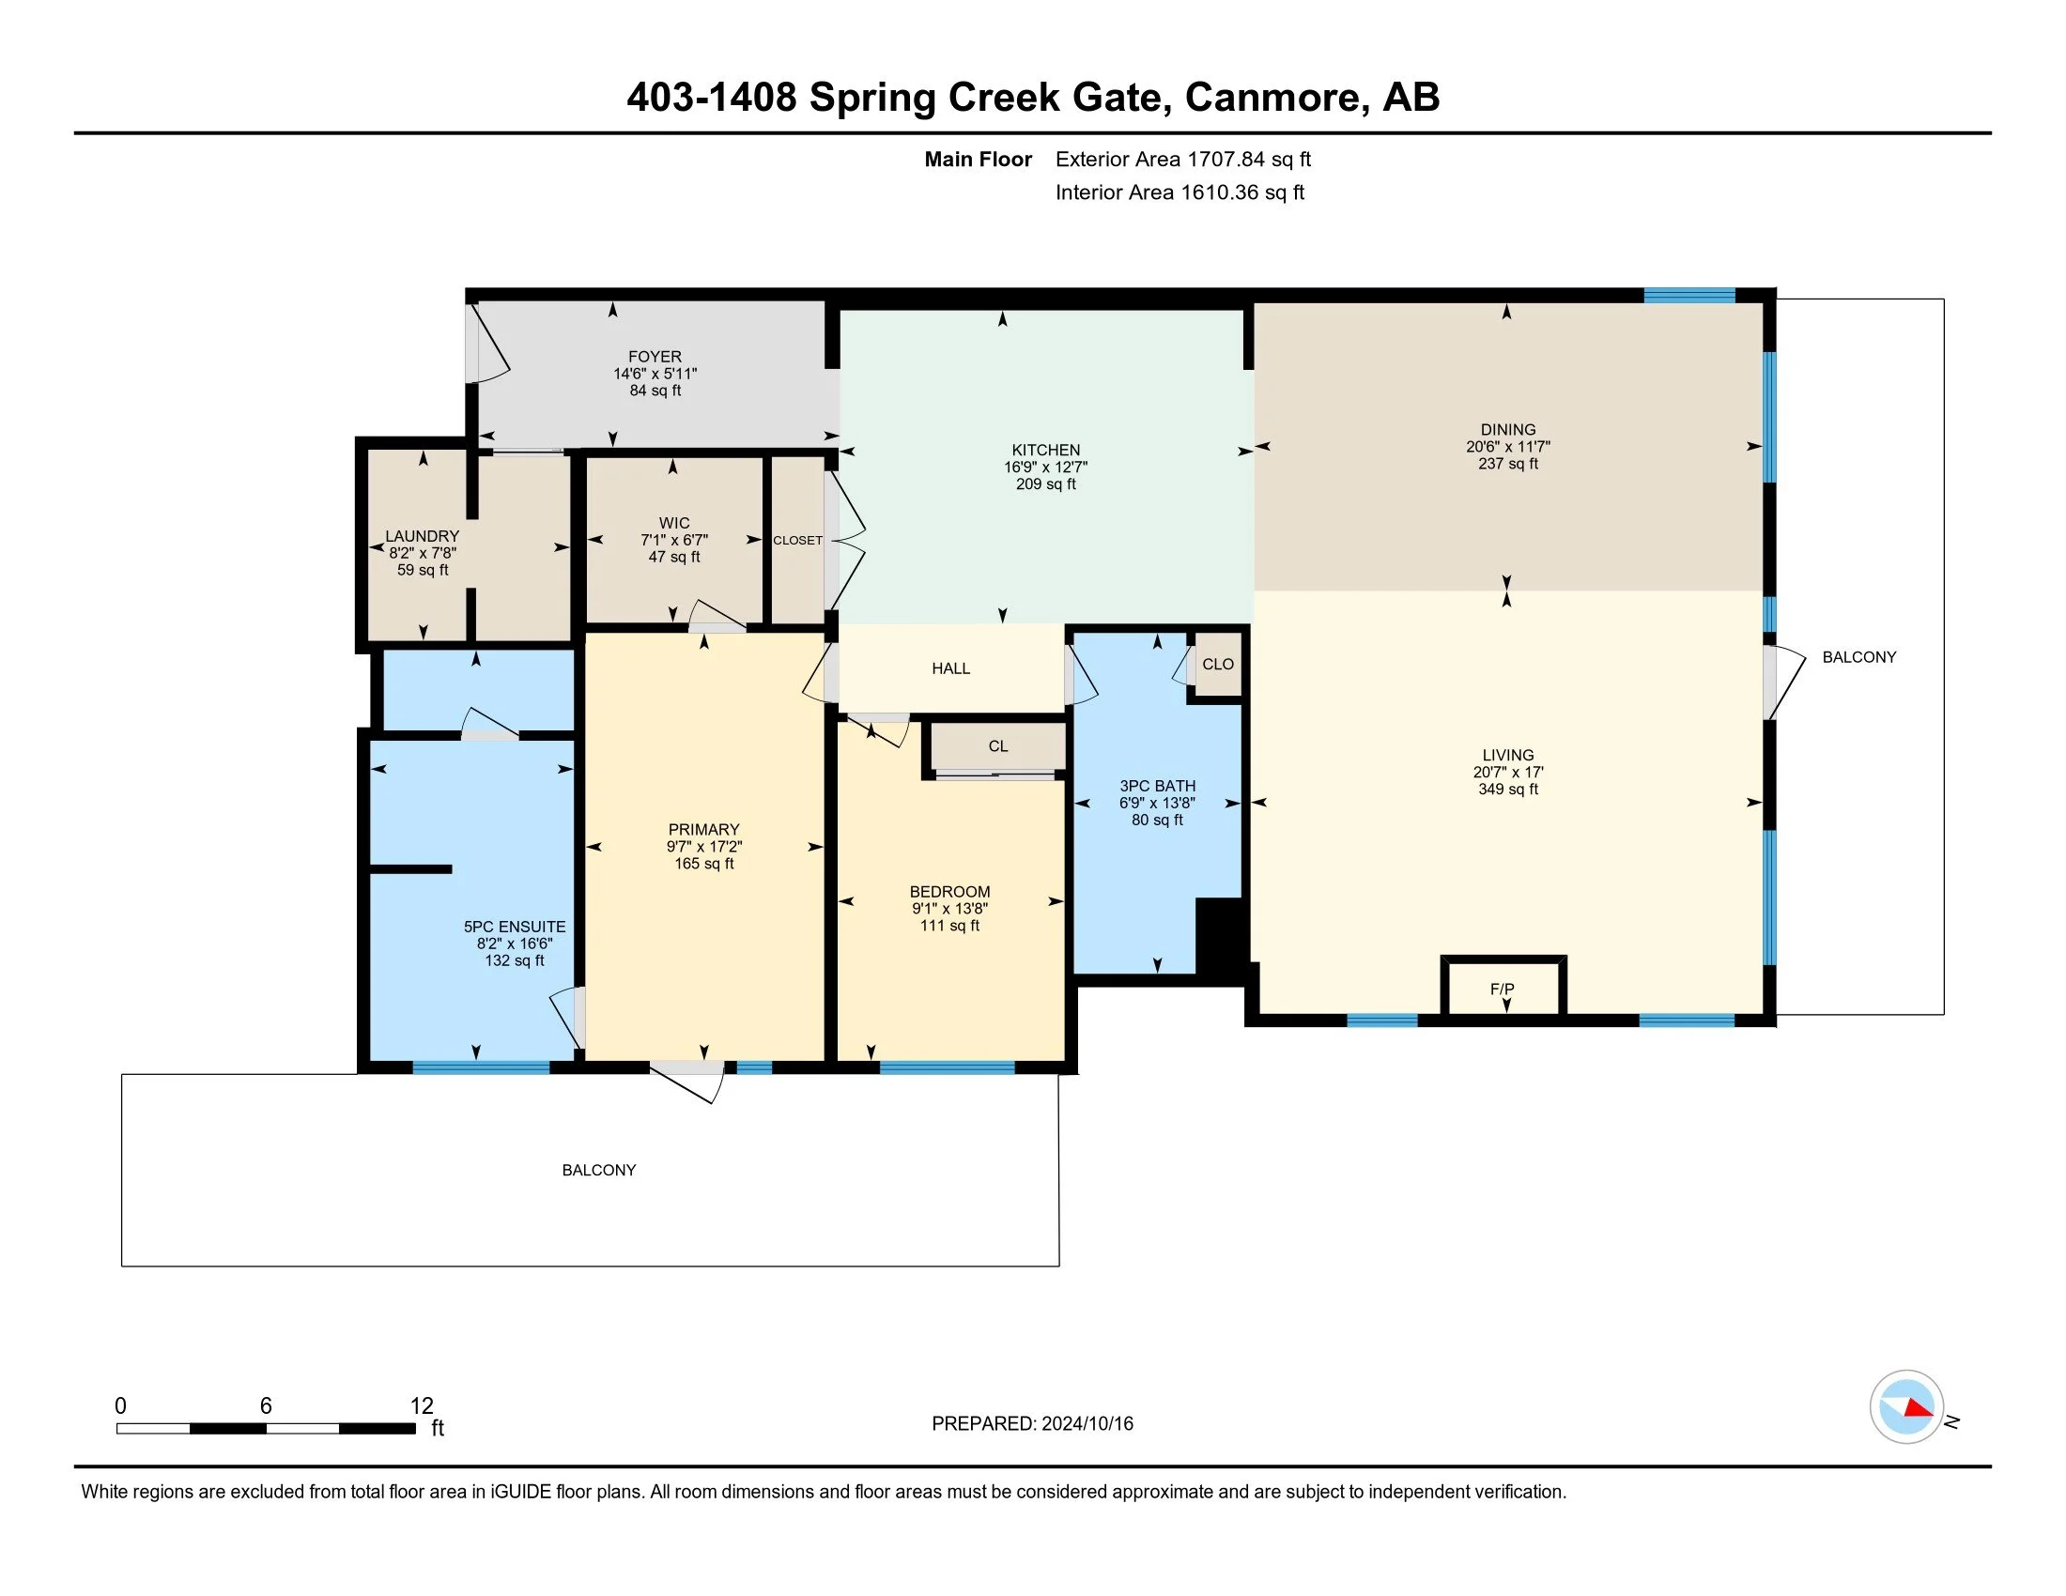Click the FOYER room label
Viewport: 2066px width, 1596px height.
[654, 357]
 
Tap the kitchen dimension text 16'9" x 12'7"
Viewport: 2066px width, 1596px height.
[1045, 468]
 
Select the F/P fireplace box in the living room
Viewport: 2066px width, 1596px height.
[1503, 988]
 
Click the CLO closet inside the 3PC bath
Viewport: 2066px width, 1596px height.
[1217, 665]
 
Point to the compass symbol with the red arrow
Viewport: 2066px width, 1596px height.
[1906, 1407]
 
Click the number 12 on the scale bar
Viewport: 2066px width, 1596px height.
[421, 1406]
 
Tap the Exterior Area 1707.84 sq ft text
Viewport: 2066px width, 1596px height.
[1182, 160]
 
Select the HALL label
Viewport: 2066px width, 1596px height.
[950, 668]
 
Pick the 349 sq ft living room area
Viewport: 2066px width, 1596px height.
[1508, 790]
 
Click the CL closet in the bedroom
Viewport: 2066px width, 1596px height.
[998, 746]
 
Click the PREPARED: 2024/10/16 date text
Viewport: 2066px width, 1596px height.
[1032, 1424]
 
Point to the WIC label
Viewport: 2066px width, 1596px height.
[673, 523]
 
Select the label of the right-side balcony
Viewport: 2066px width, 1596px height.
[1858, 657]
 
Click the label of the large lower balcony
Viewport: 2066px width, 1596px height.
[599, 1171]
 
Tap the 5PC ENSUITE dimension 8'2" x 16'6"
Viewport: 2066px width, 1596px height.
[515, 944]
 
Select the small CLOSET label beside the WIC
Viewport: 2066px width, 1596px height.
[797, 541]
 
